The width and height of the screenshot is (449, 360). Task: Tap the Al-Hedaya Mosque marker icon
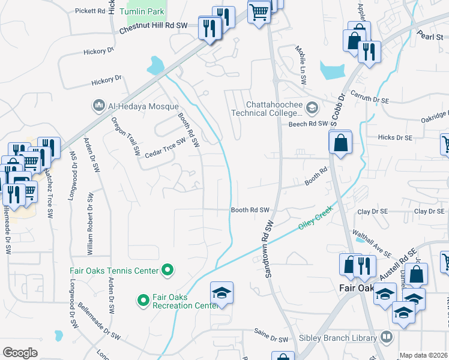(x=98, y=106)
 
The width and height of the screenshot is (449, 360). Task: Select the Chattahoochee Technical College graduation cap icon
(x=312, y=108)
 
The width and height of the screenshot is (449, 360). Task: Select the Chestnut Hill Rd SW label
(x=154, y=27)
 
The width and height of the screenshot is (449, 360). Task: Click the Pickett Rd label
(x=91, y=11)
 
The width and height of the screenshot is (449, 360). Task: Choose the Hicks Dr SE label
(x=395, y=137)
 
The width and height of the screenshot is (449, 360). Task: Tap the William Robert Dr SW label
(x=89, y=223)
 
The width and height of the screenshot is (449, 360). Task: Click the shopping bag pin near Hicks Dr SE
(x=340, y=143)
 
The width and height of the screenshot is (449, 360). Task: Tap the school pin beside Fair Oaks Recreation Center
(x=221, y=293)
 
